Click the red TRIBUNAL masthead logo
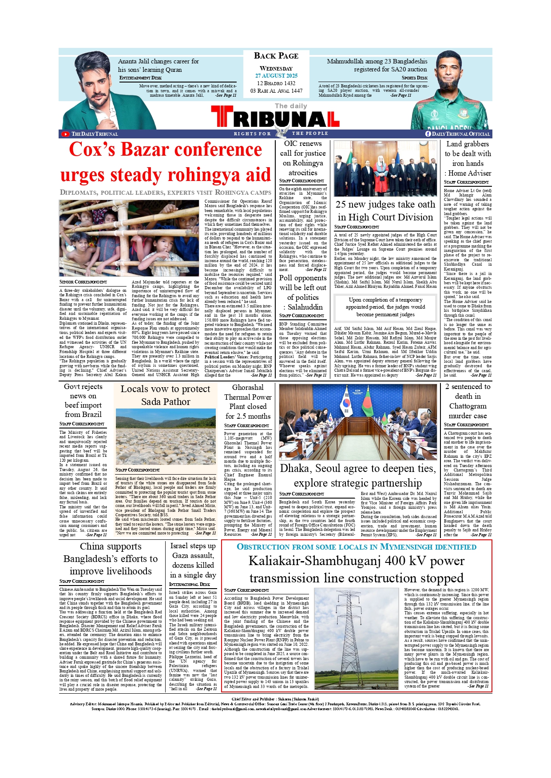[275, 118]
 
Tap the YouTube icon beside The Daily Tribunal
[65, 134]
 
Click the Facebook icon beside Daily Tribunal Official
[428, 134]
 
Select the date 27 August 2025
[276, 76]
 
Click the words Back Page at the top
[276, 56]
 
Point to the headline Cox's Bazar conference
[165, 150]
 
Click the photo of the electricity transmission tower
[357, 638]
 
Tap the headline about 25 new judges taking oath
[385, 211]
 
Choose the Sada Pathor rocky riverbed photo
[166, 436]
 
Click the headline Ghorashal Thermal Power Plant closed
[248, 401]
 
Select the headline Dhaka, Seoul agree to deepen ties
[357, 475]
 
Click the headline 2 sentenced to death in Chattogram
[468, 401]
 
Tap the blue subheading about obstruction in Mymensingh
[357, 546]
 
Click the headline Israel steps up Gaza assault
[193, 560]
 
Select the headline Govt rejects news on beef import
[83, 401]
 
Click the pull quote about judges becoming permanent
[385, 307]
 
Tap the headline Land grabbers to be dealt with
[468, 158]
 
